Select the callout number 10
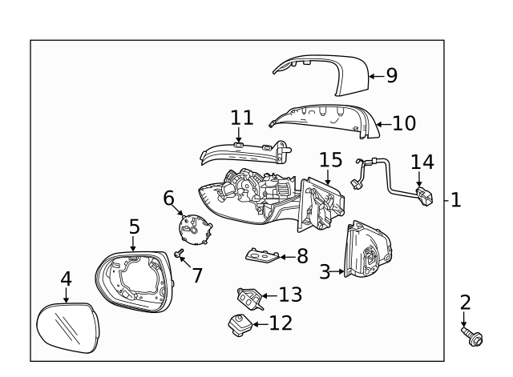405,123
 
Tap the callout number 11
241,118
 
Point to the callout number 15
331,159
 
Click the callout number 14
422,162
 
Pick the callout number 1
455,199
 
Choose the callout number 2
465,303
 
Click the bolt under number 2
471,337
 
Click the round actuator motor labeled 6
195,229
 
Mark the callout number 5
134,227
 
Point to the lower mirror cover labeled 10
321,119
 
